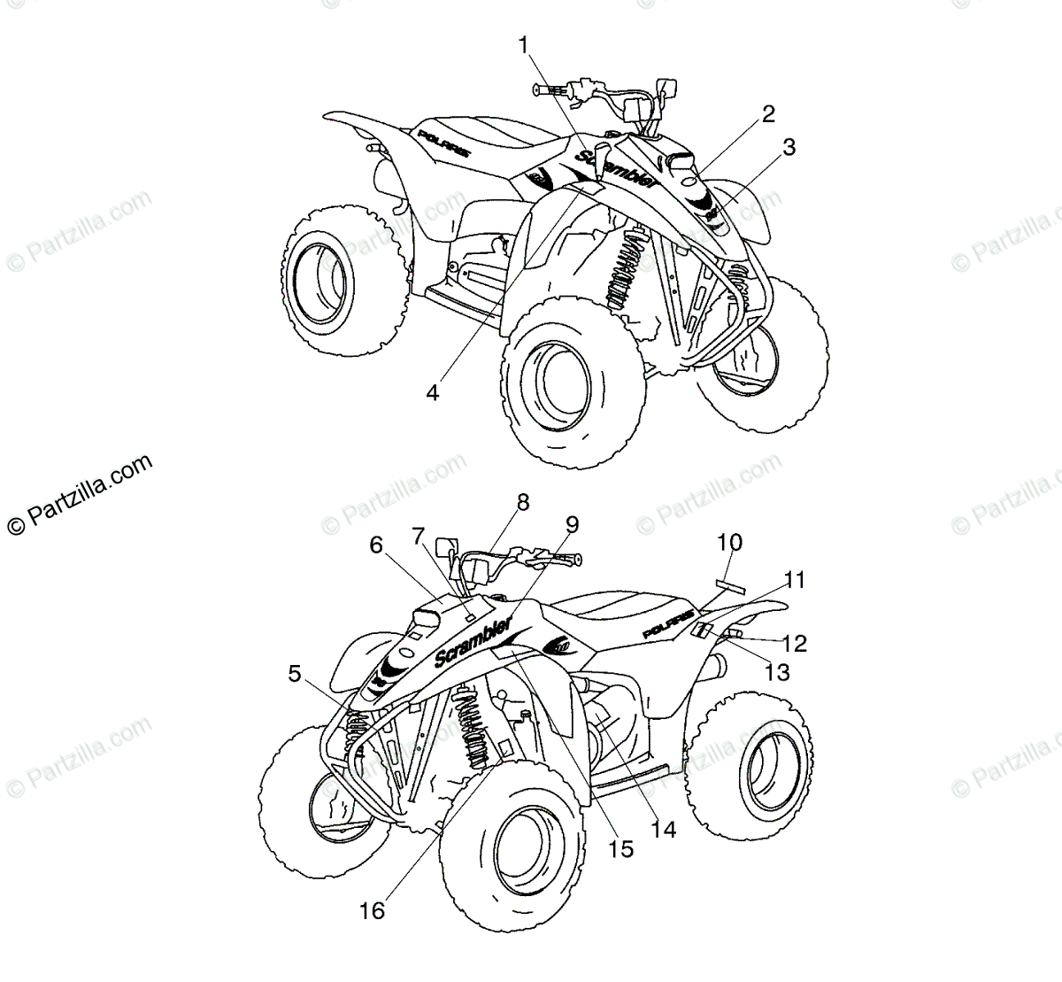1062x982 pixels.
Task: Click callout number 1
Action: coord(524,43)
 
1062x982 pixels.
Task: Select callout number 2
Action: coord(767,113)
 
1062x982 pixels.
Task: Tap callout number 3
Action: coord(787,147)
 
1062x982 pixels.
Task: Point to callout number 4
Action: coord(432,391)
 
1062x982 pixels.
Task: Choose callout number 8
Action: coord(522,503)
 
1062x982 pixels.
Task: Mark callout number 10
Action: coord(729,542)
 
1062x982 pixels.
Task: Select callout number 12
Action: coord(795,644)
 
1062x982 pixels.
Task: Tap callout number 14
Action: coord(663,829)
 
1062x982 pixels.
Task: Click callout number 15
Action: coord(620,849)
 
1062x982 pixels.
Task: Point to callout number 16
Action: coord(373,910)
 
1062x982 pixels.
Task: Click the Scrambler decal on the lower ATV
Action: coord(473,643)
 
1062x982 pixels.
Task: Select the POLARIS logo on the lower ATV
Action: coord(666,630)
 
